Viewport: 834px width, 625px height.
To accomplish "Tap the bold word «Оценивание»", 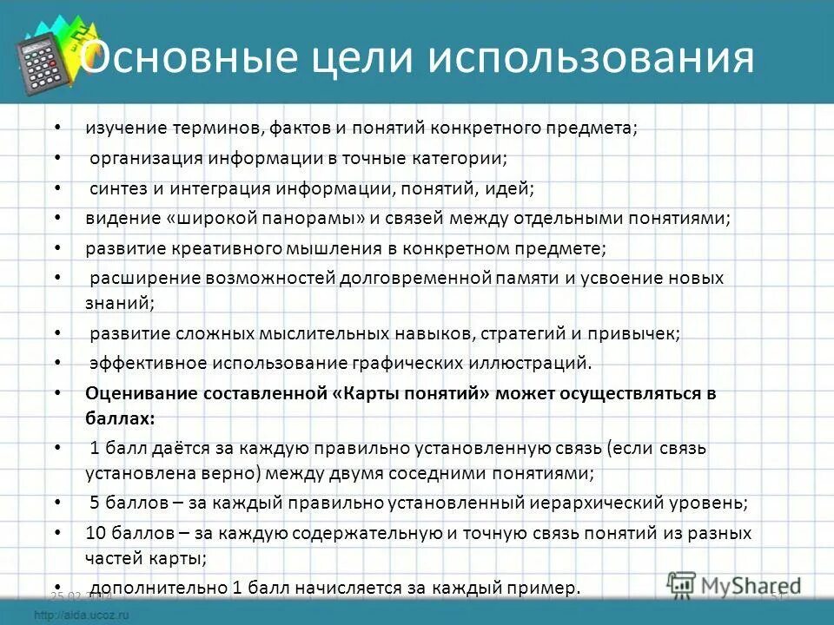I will tap(141, 392).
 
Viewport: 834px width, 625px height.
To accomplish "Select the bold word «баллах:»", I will tap(120, 418).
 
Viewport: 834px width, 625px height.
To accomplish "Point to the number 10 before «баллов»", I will tap(95, 533).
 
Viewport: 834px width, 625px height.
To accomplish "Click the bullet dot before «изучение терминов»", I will tap(57, 128).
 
